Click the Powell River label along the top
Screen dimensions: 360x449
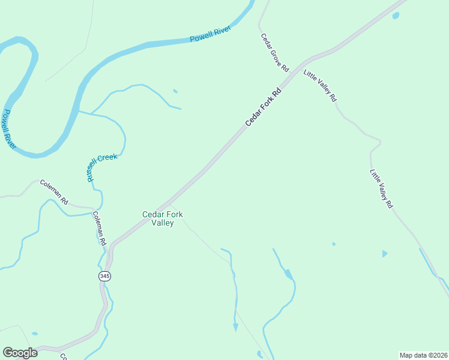[x=211, y=35]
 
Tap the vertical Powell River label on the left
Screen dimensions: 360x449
[x=8, y=130]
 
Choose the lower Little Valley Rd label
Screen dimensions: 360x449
[x=381, y=188]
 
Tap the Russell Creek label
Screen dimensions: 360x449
[x=101, y=166]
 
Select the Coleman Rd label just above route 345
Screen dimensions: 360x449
[x=100, y=228]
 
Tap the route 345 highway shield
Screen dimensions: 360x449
[x=104, y=276]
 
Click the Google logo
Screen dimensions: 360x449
[x=20, y=353]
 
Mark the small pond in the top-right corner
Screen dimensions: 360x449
[x=396, y=16]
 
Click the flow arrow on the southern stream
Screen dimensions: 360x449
[x=235, y=328]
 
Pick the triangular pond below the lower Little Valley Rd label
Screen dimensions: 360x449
[x=384, y=254]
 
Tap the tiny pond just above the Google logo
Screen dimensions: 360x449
[x=35, y=334]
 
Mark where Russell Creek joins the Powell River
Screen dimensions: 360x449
[x=80, y=112]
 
